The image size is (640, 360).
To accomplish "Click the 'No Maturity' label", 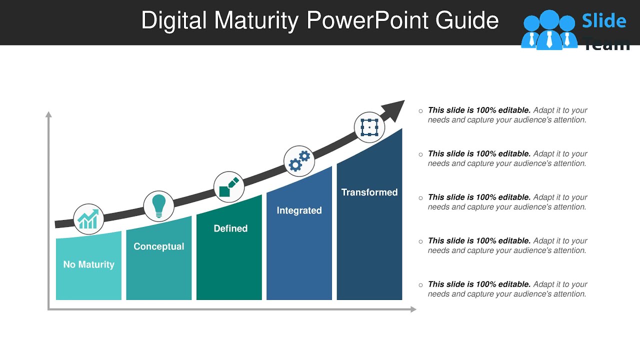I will point(88,264).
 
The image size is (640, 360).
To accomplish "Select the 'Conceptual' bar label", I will point(158,246).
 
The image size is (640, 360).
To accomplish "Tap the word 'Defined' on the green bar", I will point(230,228).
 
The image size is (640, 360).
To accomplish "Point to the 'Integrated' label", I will point(299,210).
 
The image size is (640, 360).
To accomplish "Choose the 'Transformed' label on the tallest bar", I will point(369,192).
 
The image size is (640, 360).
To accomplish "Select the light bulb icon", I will point(158,205).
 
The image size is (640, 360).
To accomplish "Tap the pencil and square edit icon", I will point(229,187).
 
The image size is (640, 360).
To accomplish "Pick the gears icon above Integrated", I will point(299,161).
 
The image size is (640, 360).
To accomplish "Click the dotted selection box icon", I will point(369,127).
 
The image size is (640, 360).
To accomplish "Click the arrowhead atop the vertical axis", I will point(48,114).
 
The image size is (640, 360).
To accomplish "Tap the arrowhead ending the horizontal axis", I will point(413,309).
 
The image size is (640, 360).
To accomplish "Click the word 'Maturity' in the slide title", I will point(256,21).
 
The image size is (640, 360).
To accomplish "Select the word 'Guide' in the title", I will point(467,21).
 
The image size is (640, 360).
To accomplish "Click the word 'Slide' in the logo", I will point(603,21).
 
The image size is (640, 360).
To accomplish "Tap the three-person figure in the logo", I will point(548,30).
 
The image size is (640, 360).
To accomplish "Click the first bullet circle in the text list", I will point(420,111).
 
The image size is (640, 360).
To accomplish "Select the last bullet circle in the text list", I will point(420,285).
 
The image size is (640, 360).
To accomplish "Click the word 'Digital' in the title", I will point(174,21).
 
